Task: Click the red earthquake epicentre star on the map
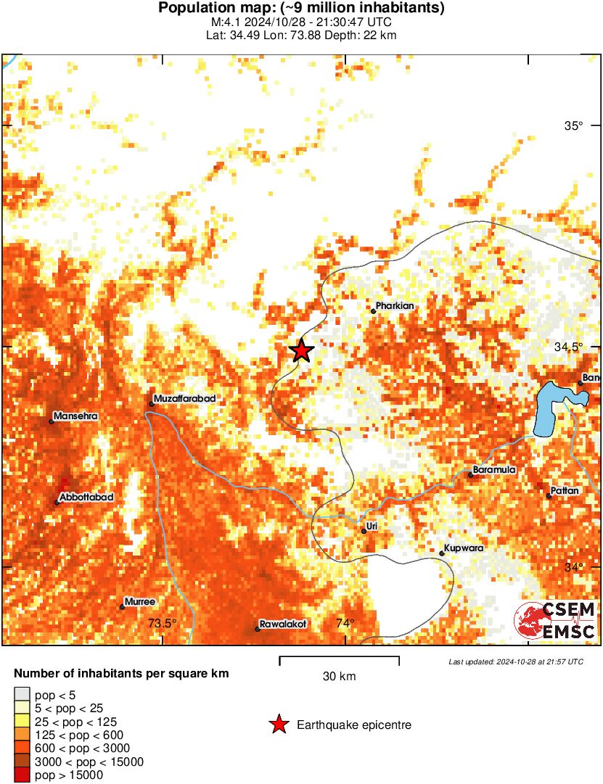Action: (x=302, y=350)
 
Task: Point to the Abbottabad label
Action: (x=86, y=497)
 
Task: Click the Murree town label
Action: (x=139, y=602)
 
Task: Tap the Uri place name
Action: (x=373, y=526)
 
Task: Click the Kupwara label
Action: (x=464, y=548)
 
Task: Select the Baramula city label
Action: (x=494, y=470)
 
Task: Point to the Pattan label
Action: (x=565, y=491)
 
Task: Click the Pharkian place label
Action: (x=395, y=306)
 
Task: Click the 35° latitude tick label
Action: (x=574, y=125)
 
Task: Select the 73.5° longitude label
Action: (x=162, y=623)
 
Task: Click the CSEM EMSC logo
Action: (x=555, y=620)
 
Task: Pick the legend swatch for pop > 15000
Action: (x=22, y=775)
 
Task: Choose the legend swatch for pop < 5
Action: (x=22, y=694)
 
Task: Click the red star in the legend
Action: (x=278, y=725)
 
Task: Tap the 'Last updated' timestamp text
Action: (x=515, y=661)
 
